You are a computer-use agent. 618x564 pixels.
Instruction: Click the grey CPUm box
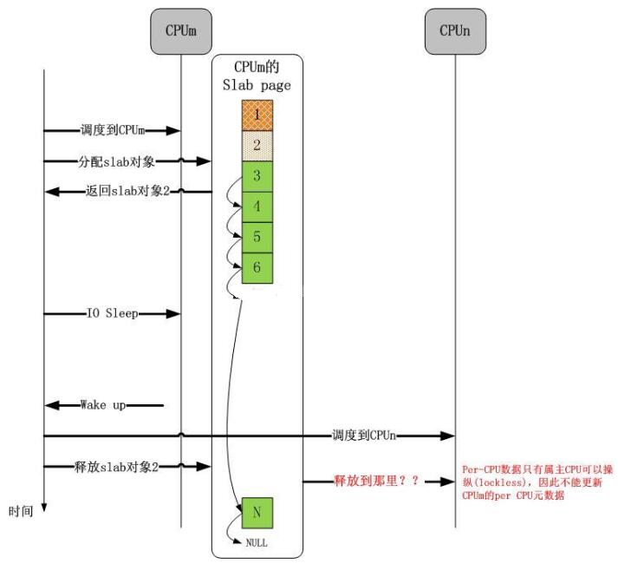click(x=181, y=31)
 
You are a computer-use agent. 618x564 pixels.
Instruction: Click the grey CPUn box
click(x=455, y=31)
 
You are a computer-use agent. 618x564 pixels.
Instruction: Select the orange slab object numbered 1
click(x=257, y=115)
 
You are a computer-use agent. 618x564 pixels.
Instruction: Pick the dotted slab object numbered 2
click(x=257, y=146)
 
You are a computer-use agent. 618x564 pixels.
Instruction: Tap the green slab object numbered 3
click(x=257, y=176)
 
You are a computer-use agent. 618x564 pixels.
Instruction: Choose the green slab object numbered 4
click(x=257, y=207)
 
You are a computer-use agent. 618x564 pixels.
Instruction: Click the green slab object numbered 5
click(x=257, y=237)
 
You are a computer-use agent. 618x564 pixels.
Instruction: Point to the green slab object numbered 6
click(x=257, y=268)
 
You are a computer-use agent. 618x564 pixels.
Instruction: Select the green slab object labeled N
click(x=257, y=513)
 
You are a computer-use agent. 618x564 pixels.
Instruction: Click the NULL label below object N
click(x=257, y=543)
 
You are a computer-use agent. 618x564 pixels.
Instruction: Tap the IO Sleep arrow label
click(x=113, y=313)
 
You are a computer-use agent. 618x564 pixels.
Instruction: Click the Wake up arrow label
click(x=103, y=405)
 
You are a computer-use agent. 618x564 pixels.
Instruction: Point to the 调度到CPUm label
click(x=113, y=130)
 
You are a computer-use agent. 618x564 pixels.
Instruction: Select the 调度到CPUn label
click(x=364, y=436)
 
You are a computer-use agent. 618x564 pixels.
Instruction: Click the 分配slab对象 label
click(x=116, y=161)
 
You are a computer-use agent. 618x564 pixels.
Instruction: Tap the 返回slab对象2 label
click(x=127, y=191)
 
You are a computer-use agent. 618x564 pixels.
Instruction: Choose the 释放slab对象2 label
click(x=116, y=467)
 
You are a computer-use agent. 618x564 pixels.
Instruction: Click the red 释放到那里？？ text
click(x=376, y=481)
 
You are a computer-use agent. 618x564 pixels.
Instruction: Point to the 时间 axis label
click(x=21, y=512)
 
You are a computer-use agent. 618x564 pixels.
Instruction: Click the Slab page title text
click(x=257, y=85)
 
